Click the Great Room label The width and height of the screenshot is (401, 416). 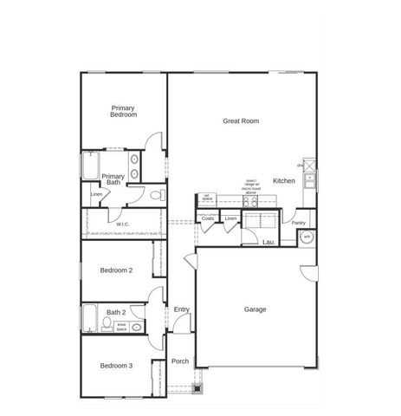point(241,121)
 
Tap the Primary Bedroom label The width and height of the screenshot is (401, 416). point(124,111)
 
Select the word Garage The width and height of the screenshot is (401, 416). point(255,309)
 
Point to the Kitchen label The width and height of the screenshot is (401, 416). point(284,181)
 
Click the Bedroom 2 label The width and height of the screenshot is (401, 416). point(116,270)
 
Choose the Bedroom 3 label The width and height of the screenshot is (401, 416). point(116,366)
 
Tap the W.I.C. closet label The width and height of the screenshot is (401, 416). point(123,225)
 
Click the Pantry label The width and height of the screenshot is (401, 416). point(298,223)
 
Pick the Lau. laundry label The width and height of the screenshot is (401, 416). point(268,243)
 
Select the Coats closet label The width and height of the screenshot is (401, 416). point(208,218)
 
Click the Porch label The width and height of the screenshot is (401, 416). point(179,361)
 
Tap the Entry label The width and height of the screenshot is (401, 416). point(181,309)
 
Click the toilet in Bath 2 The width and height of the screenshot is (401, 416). point(106,325)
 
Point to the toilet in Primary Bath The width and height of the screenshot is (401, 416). point(153,196)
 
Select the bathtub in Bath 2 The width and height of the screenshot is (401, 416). point(90,320)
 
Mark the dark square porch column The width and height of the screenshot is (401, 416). point(197,387)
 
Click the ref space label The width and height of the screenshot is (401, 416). point(207,198)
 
